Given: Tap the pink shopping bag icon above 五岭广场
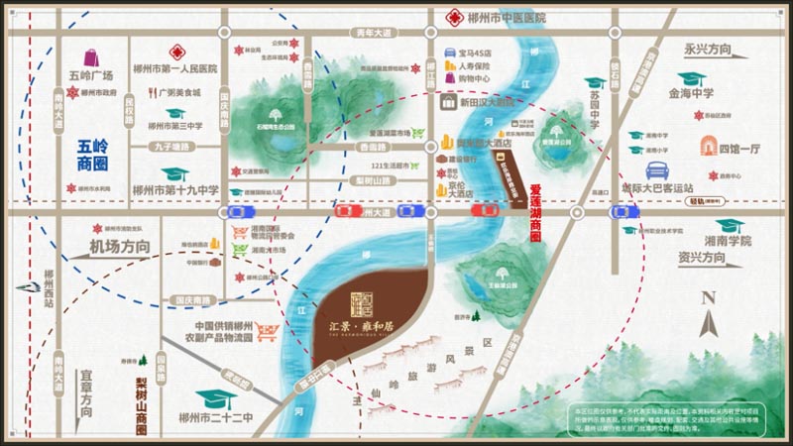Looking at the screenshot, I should (91, 57).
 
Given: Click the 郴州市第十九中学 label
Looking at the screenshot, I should (175, 189).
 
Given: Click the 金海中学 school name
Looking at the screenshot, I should (691, 95).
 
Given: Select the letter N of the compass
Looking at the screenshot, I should (708, 297).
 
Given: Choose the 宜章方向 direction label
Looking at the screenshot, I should (87, 391).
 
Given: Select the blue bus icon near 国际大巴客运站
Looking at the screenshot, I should (656, 169).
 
